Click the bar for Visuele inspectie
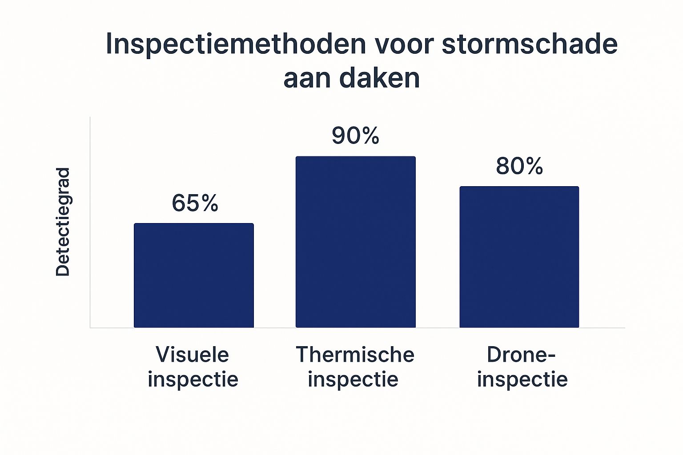point(194,275)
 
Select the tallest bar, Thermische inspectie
point(356,242)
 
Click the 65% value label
point(195,204)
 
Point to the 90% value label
point(355,136)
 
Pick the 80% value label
point(519,166)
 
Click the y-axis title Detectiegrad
point(63,222)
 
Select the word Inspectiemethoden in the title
point(236,44)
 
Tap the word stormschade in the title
point(530,44)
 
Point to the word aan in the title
point(307,79)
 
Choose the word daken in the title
point(379,79)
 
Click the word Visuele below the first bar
point(193,355)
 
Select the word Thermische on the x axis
point(355,355)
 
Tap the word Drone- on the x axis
point(521,355)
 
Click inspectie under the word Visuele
point(193,379)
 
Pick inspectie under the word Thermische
point(353,379)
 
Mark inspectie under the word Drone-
point(522,379)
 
